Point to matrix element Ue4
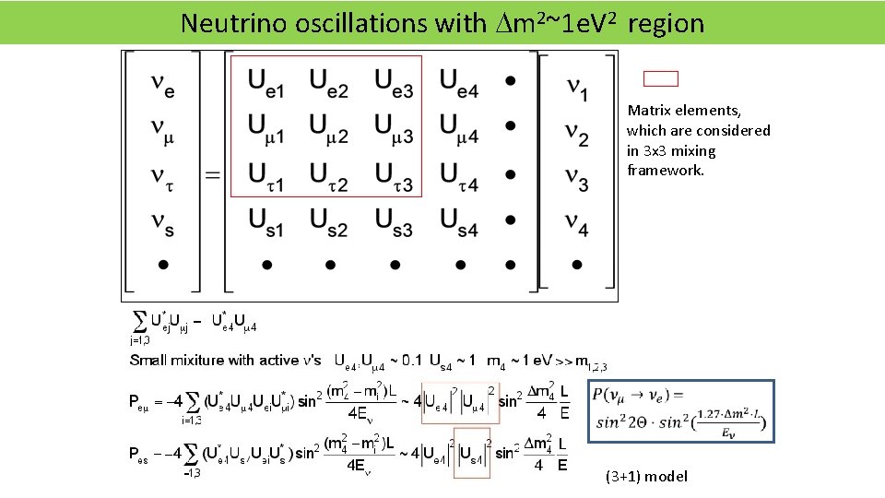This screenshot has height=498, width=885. (459, 84)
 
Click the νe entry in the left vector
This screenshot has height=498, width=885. (162, 86)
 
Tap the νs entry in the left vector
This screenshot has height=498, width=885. (162, 221)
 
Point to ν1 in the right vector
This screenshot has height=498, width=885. (577, 89)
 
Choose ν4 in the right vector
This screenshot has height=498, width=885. (577, 222)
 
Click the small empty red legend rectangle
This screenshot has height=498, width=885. (660, 79)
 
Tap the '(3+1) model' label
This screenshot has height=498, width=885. (646, 476)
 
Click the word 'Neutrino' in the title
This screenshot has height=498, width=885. (222, 23)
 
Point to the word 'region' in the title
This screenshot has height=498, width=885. (666, 23)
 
